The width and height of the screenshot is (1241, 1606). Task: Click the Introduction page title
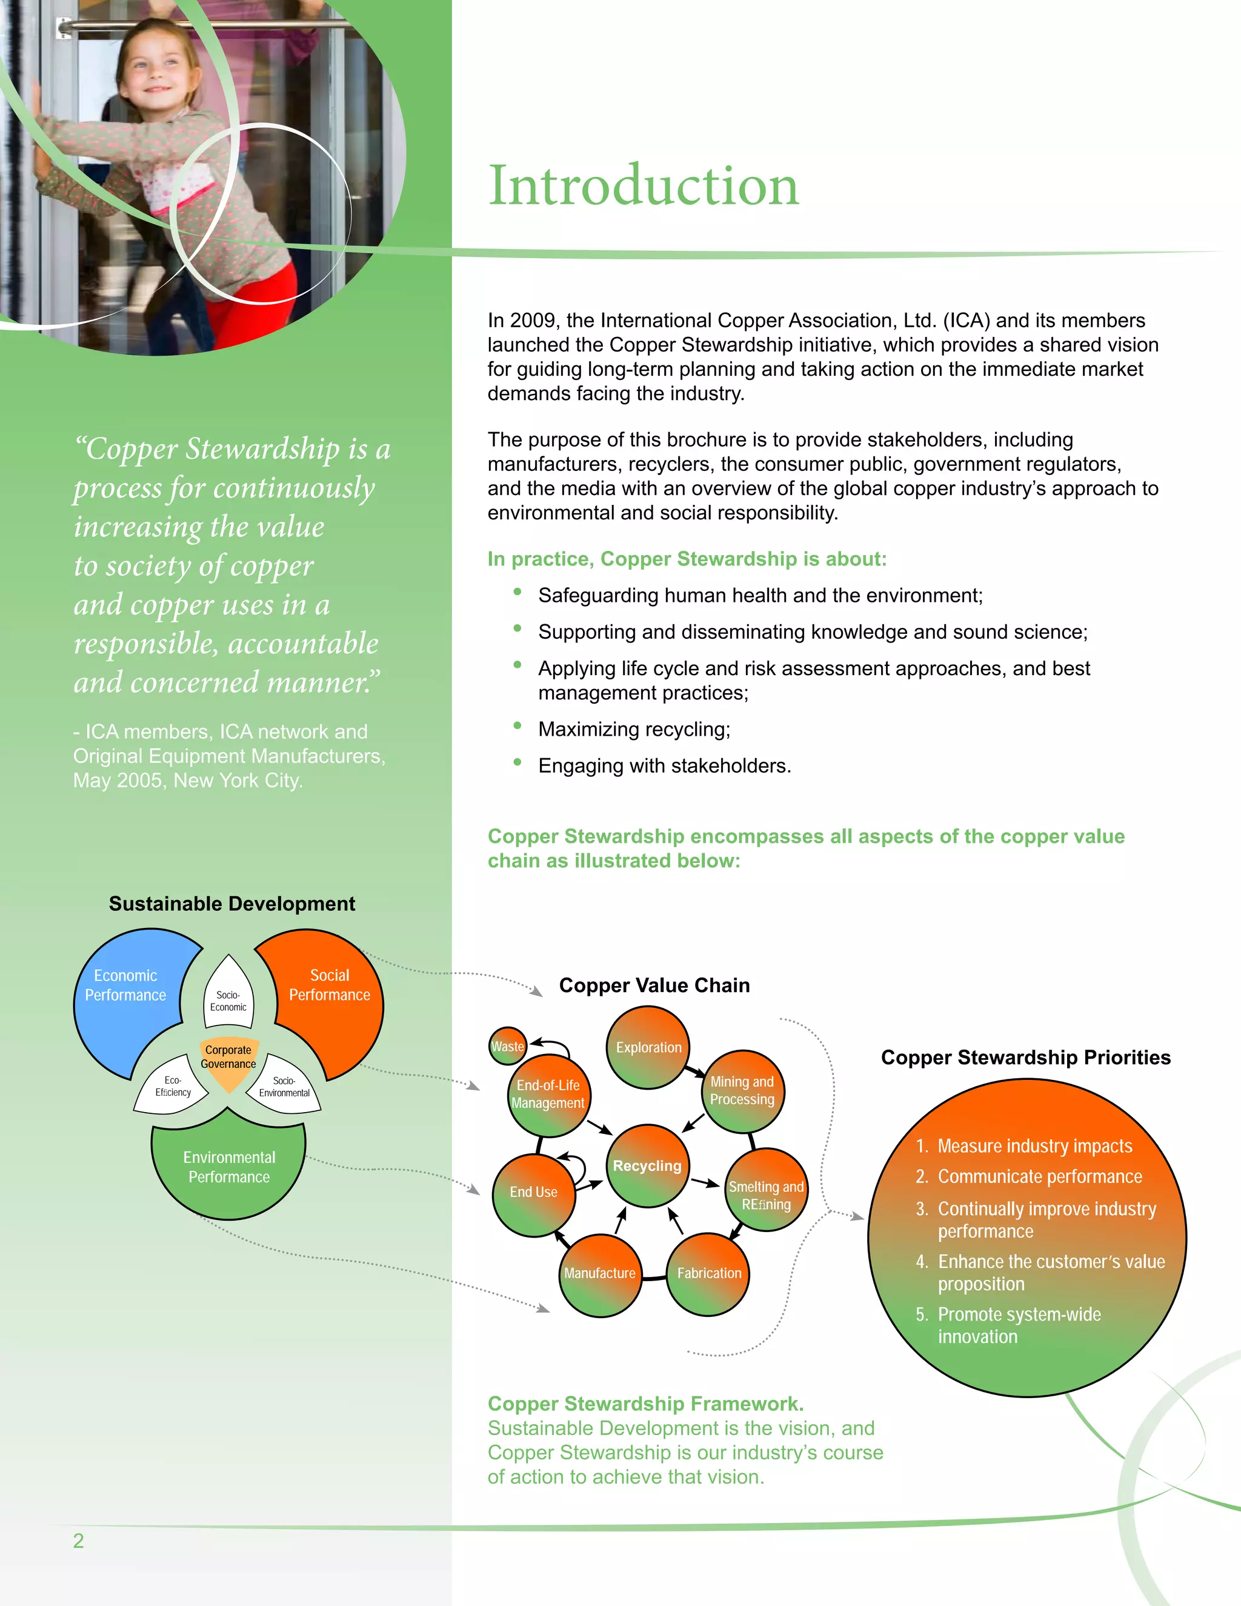644,185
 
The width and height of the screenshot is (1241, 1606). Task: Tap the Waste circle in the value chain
507,1045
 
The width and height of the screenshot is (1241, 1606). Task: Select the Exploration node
648,1047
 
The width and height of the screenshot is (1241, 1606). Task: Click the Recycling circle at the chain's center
647,1165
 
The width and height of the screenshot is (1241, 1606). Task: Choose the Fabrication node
709,1273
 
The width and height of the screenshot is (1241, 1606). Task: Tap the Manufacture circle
600,1273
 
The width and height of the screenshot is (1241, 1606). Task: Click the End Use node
534,1192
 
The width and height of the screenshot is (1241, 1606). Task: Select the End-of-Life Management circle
548,1094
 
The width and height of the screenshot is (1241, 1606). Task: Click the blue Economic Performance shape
125,985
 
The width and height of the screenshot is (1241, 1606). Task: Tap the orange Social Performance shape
330,985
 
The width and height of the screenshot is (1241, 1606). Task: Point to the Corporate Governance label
228,1057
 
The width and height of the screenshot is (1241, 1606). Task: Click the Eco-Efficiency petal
173,1087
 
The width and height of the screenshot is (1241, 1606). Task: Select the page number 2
79,1541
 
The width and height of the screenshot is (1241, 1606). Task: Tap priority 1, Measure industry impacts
1034,1145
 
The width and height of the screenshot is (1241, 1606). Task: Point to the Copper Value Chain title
654,985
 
